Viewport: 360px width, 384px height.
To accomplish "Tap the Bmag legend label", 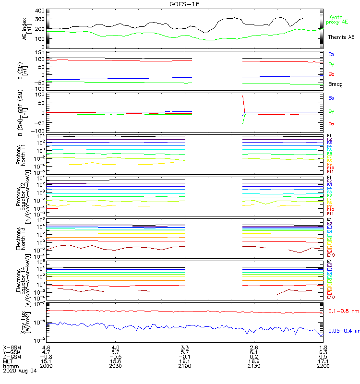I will click(x=335, y=84).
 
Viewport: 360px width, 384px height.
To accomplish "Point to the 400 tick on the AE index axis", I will click(x=40, y=11).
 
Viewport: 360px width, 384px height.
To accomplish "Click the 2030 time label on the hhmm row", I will click(x=116, y=365).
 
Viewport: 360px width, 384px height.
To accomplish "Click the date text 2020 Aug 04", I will click(x=20, y=371).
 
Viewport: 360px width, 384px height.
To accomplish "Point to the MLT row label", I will click(x=9, y=361).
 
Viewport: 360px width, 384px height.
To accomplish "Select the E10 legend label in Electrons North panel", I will click(x=331, y=255).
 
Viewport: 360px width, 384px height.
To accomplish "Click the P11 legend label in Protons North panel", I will click(x=330, y=171).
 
